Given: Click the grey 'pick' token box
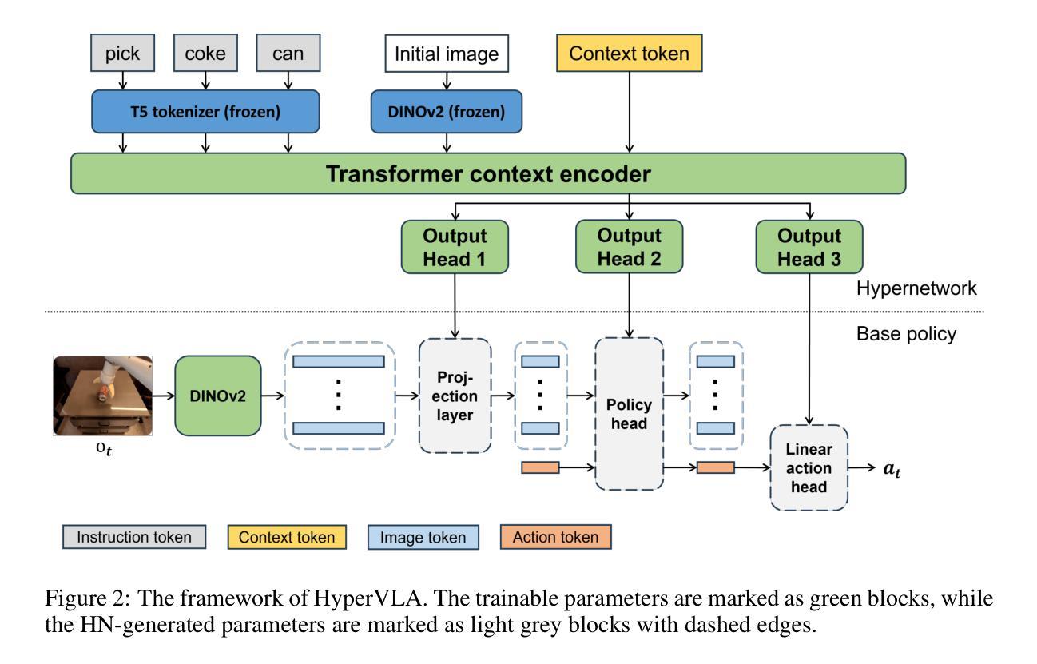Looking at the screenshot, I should click(x=121, y=55).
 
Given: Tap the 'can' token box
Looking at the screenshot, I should click(x=288, y=55).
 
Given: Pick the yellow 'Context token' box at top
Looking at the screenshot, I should click(x=632, y=55).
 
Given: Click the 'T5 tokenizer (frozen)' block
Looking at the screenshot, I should click(x=206, y=112).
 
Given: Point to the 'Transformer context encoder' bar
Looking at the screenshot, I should click(x=488, y=174).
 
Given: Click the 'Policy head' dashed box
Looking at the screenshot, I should click(x=630, y=414).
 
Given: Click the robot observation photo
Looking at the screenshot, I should click(x=103, y=396).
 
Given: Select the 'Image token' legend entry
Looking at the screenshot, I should click(x=423, y=538).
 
